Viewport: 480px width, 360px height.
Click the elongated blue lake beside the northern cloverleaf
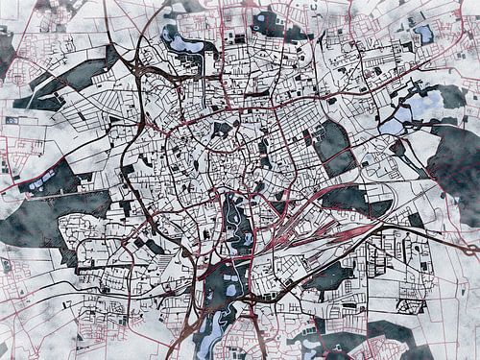coord(182,40)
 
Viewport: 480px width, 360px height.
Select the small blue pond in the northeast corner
coord(422,34)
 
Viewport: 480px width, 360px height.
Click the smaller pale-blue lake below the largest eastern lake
coord(392,126)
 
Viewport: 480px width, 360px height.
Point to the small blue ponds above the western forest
coord(38,183)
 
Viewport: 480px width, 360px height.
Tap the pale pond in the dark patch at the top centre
coord(269,21)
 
